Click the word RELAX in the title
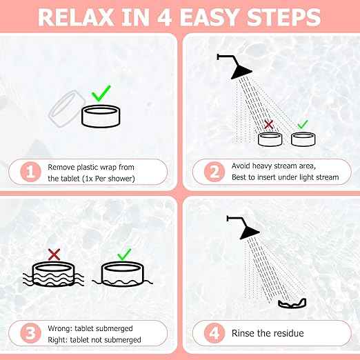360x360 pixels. point(76,17)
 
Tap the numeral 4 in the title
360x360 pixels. point(164,17)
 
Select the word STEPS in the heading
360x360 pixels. point(283,17)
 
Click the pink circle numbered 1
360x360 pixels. point(30,172)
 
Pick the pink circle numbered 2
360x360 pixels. point(214,172)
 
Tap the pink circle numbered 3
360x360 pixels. point(30,333)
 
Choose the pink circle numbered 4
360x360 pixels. point(214,333)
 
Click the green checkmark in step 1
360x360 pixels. point(101,93)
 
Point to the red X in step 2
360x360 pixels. point(268,124)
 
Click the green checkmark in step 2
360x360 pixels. point(303,124)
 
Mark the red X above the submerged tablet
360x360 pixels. point(54,254)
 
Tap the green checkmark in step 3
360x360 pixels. point(124,254)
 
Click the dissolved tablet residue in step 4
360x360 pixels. point(292,303)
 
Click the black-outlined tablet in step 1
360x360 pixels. point(101,117)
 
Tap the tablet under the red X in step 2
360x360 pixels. point(270,139)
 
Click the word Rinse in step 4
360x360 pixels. point(244,333)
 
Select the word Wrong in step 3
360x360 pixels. point(60,328)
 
